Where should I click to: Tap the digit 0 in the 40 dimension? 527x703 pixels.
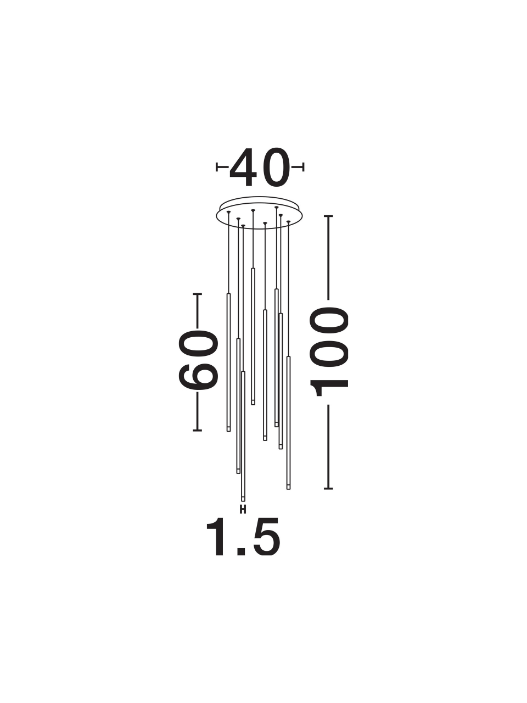pos(276,168)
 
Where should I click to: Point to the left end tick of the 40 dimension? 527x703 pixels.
pos(217,167)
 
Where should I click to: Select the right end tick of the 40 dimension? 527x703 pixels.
pos(302,167)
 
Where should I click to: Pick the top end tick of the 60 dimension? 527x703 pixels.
pos(198,294)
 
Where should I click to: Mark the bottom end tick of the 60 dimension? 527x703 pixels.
pos(198,431)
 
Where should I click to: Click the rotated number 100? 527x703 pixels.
pos(329,351)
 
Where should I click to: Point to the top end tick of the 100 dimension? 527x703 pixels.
pos(329,216)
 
